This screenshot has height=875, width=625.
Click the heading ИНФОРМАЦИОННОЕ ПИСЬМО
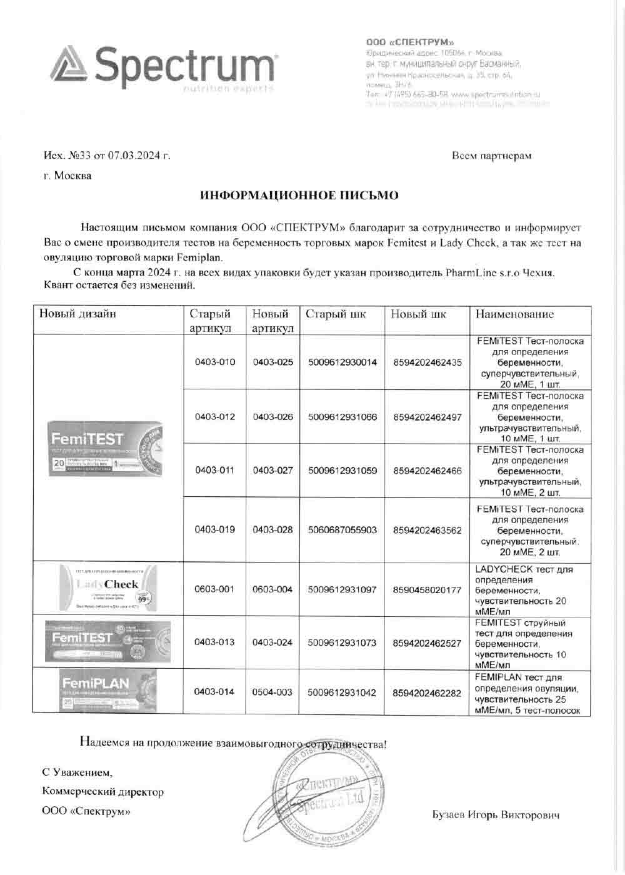(x=299, y=196)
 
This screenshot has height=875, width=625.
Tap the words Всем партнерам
(x=491, y=155)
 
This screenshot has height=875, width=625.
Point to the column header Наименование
(x=514, y=314)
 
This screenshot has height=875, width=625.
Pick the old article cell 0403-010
(x=215, y=362)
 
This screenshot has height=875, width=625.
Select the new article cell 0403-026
(x=273, y=417)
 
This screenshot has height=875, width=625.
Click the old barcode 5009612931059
(x=342, y=471)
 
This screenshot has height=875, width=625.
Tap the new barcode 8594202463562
(x=427, y=530)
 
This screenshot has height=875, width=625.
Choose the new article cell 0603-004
(x=273, y=589)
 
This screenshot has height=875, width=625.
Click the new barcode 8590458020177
(x=427, y=589)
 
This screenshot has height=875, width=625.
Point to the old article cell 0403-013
(x=215, y=642)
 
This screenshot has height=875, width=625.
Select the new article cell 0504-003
(x=273, y=692)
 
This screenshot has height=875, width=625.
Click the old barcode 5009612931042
(x=342, y=692)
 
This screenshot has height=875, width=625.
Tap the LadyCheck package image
(x=109, y=587)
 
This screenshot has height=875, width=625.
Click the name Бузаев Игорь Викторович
(x=496, y=815)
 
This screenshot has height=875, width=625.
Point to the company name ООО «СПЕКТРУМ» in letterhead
(x=410, y=42)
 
